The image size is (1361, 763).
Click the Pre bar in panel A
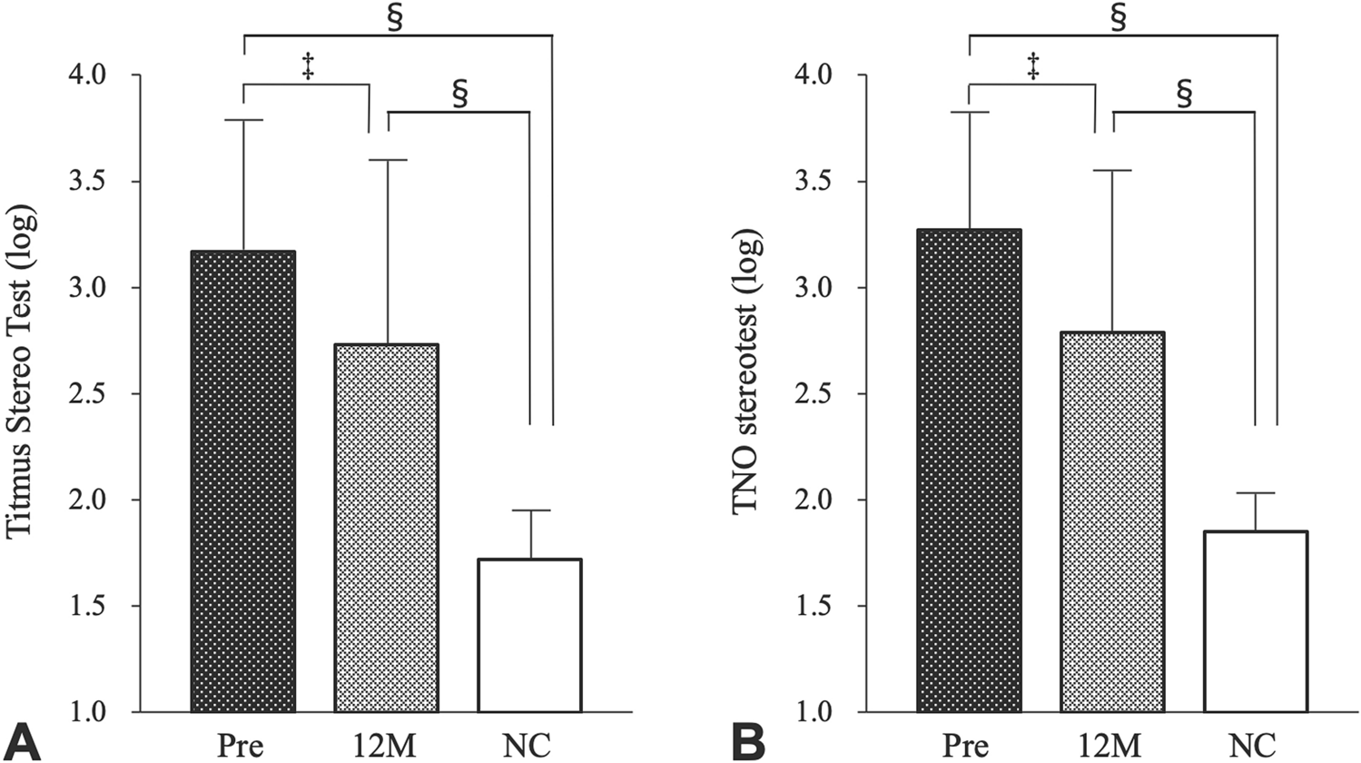click(243, 481)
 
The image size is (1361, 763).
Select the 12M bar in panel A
click(387, 527)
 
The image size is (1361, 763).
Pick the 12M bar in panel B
click(1112, 522)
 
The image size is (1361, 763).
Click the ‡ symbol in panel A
click(308, 66)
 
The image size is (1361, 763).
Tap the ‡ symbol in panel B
click(1033, 66)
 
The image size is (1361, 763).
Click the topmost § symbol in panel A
click(395, 18)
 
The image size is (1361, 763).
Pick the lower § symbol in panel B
click(1184, 93)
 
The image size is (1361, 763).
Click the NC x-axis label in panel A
click(527, 745)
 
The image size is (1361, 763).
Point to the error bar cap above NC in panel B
click(1256, 493)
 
